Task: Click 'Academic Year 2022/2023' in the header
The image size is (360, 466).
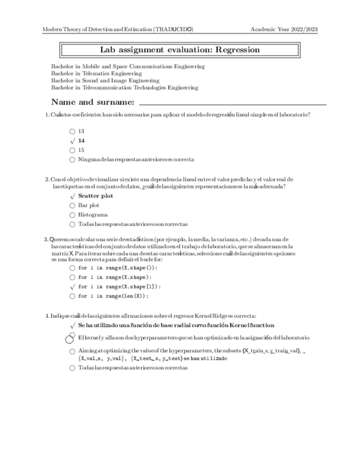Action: click(284, 29)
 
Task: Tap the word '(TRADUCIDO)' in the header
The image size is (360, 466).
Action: click(173, 29)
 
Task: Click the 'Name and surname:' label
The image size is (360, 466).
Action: click(92, 102)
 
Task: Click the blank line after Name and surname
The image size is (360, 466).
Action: click(232, 104)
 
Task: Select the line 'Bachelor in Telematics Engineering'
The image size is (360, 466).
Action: click(96, 73)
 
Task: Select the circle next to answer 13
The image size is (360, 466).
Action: click(73, 131)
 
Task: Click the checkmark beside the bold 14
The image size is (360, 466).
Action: click(73, 141)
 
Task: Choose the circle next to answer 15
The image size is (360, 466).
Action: click(73, 150)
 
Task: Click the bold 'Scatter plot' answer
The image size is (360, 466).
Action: click(96, 196)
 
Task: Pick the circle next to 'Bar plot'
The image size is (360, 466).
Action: click(73, 206)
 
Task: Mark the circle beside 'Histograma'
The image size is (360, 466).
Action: click(73, 215)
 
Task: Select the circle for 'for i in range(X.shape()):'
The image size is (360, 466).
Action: click(73, 268)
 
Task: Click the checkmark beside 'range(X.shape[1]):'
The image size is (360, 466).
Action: click(73, 286)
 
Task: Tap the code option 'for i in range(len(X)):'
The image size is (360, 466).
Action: click(113, 296)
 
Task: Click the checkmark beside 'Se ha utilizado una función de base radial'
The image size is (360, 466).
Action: click(73, 326)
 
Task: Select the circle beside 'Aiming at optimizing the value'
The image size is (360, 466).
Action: click(73, 351)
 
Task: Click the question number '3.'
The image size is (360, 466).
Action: click(46, 239)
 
